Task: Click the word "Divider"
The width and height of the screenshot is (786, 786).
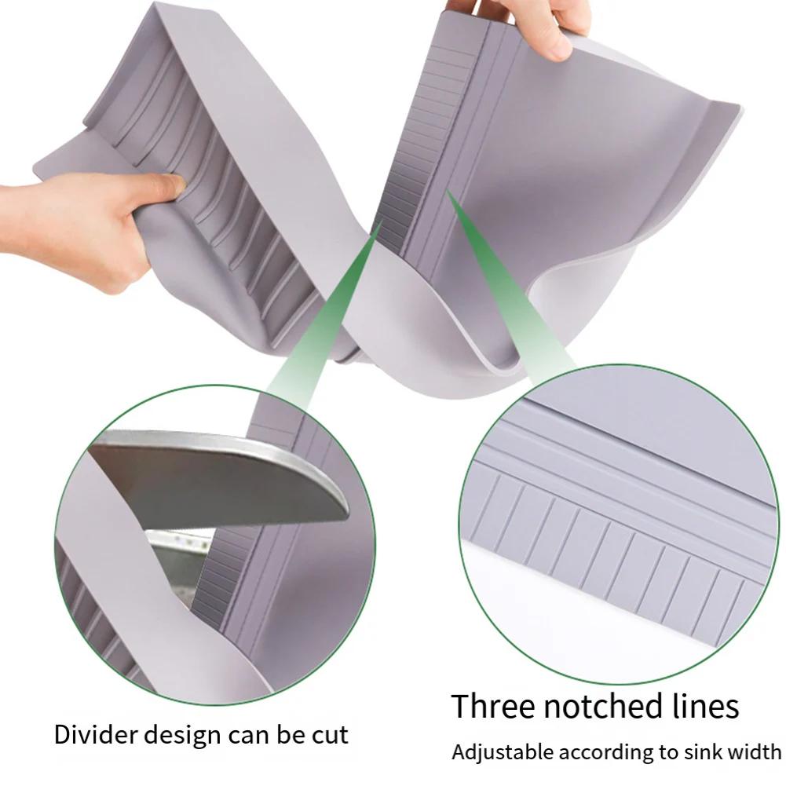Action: click(x=93, y=736)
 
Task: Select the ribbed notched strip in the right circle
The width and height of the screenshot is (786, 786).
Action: click(x=620, y=550)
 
